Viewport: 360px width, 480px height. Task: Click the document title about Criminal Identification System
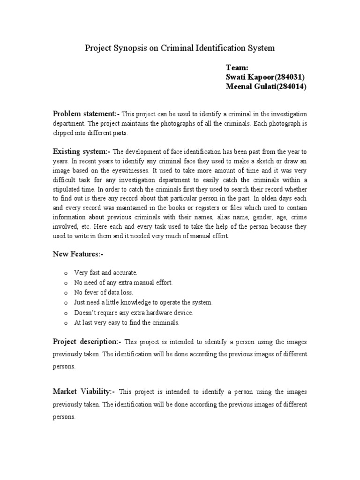coord(179,48)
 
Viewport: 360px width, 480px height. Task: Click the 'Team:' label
coord(237,67)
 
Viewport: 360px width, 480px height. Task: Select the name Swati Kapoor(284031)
coord(266,77)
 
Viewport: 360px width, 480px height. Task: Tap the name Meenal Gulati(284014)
coord(266,86)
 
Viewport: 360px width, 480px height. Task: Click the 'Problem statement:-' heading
coord(86,114)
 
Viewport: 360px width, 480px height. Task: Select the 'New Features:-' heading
coord(78,254)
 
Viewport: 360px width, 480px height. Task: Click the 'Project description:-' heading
coord(87,342)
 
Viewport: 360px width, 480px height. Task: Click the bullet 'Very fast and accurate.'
coord(105,273)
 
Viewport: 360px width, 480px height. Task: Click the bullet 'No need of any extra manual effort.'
coord(124,283)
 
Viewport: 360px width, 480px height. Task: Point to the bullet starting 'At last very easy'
coord(127,322)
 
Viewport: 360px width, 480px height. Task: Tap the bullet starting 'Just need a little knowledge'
coord(143,302)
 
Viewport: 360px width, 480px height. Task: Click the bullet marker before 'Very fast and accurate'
coord(65,273)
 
